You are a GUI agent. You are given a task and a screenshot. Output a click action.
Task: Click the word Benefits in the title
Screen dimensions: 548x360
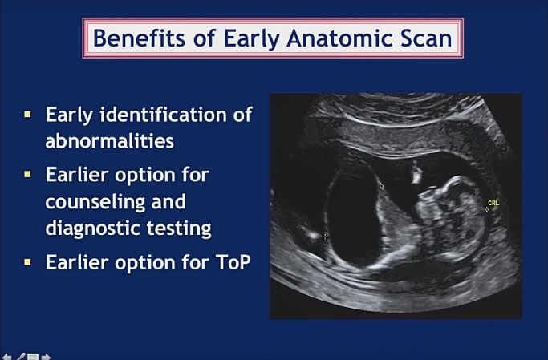[x=139, y=38]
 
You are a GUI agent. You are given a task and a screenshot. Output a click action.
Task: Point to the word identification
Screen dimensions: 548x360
[x=164, y=114]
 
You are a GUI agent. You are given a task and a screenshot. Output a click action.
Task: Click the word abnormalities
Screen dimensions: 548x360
[x=110, y=141]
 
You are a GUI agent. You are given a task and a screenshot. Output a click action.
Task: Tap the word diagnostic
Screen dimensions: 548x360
[x=92, y=228]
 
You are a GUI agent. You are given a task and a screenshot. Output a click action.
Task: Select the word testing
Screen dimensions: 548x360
[x=179, y=229]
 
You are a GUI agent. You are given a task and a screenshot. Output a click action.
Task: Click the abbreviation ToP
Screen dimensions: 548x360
[x=233, y=262]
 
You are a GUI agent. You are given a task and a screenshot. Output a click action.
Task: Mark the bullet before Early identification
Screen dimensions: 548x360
[x=27, y=115]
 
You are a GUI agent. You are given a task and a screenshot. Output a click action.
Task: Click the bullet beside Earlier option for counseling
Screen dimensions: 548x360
[x=27, y=174]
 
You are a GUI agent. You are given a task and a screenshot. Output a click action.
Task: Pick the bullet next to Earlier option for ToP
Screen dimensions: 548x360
[x=27, y=262]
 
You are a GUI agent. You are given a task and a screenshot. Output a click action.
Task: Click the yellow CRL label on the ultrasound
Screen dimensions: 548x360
[x=493, y=203]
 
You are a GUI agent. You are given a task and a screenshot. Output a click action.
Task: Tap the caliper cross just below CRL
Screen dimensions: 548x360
[x=486, y=210]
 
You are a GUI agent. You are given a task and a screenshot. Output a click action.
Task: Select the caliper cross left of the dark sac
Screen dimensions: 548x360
[x=326, y=237]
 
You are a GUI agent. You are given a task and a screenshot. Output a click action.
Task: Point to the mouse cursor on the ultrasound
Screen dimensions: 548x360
[x=381, y=185]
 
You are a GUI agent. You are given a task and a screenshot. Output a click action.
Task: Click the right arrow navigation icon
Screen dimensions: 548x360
[x=46, y=358]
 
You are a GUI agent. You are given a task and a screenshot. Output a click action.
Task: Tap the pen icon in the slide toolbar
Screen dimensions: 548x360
[x=21, y=357]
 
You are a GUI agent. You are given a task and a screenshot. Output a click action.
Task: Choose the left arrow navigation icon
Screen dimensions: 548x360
[x=6, y=358]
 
